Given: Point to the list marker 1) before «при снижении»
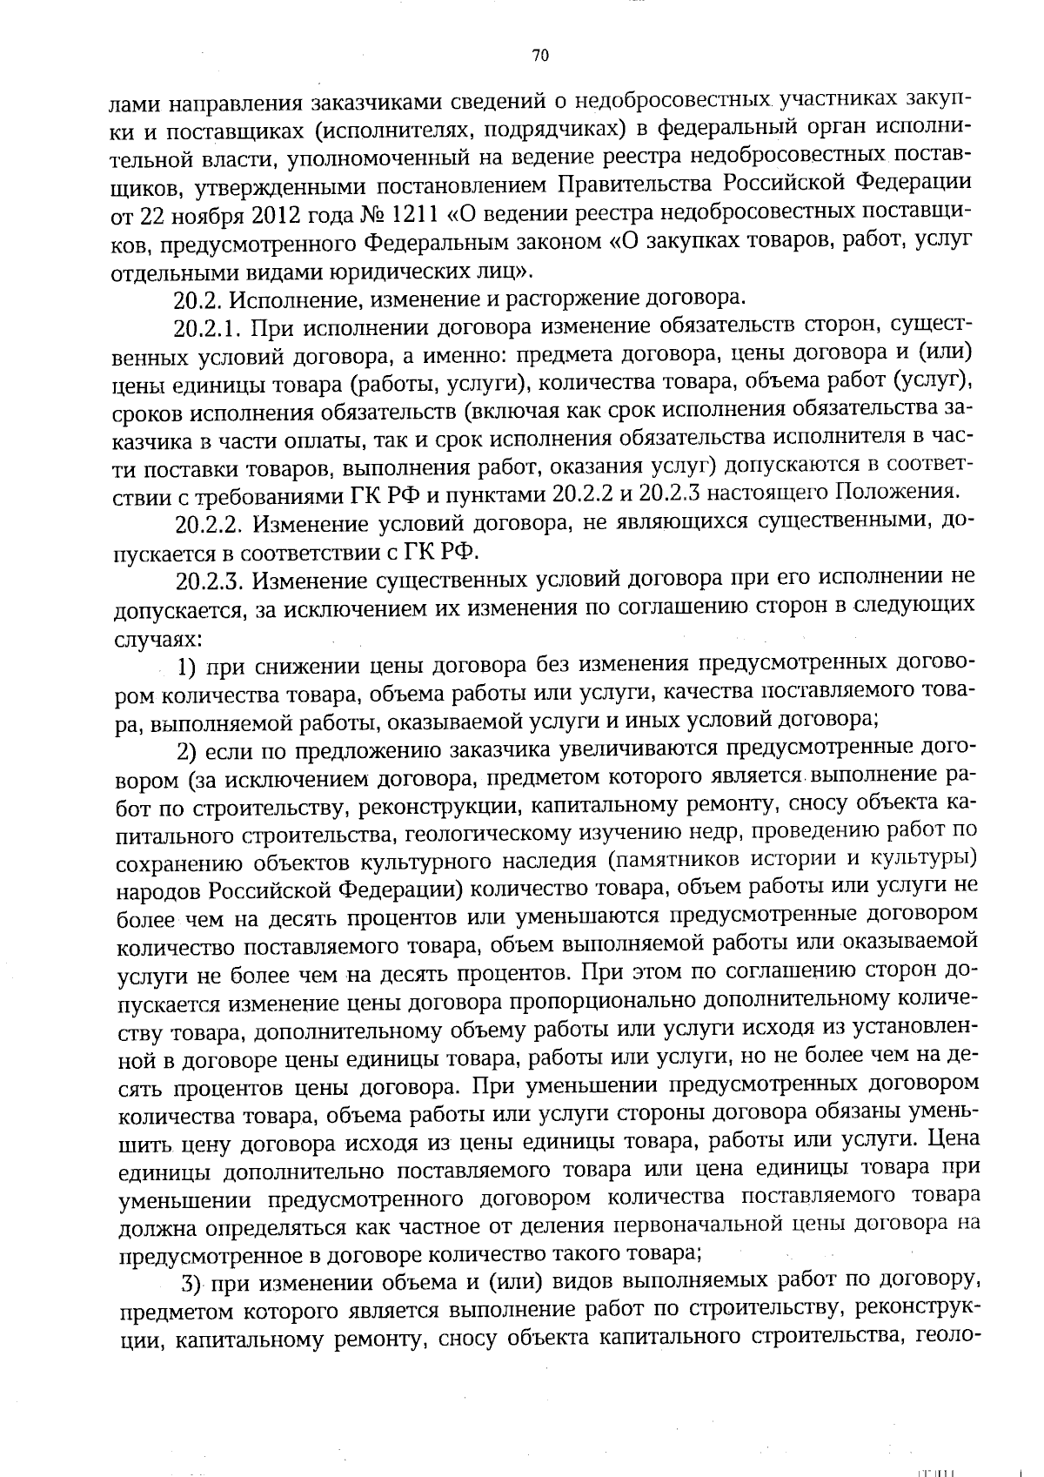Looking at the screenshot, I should point(191,667).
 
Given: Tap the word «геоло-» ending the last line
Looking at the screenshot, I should point(951,1339).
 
